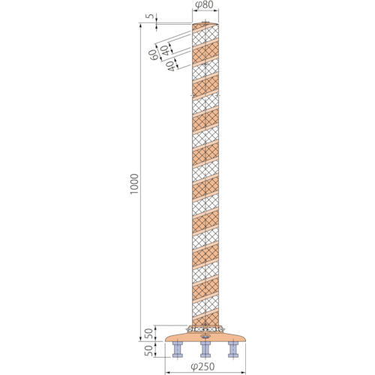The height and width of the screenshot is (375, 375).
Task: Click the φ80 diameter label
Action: [205, 4]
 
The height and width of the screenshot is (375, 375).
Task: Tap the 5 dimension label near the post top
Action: [150, 16]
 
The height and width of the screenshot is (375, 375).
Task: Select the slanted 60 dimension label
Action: [153, 55]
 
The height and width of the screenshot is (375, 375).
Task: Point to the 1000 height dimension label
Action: [134, 184]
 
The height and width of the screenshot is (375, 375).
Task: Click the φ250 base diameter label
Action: [202, 367]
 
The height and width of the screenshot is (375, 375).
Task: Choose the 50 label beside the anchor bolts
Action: [149, 350]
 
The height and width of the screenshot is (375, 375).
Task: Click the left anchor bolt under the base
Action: [178, 349]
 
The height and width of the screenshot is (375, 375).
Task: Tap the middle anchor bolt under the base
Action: [205, 349]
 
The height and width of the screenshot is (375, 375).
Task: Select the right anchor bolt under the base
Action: [233, 349]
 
